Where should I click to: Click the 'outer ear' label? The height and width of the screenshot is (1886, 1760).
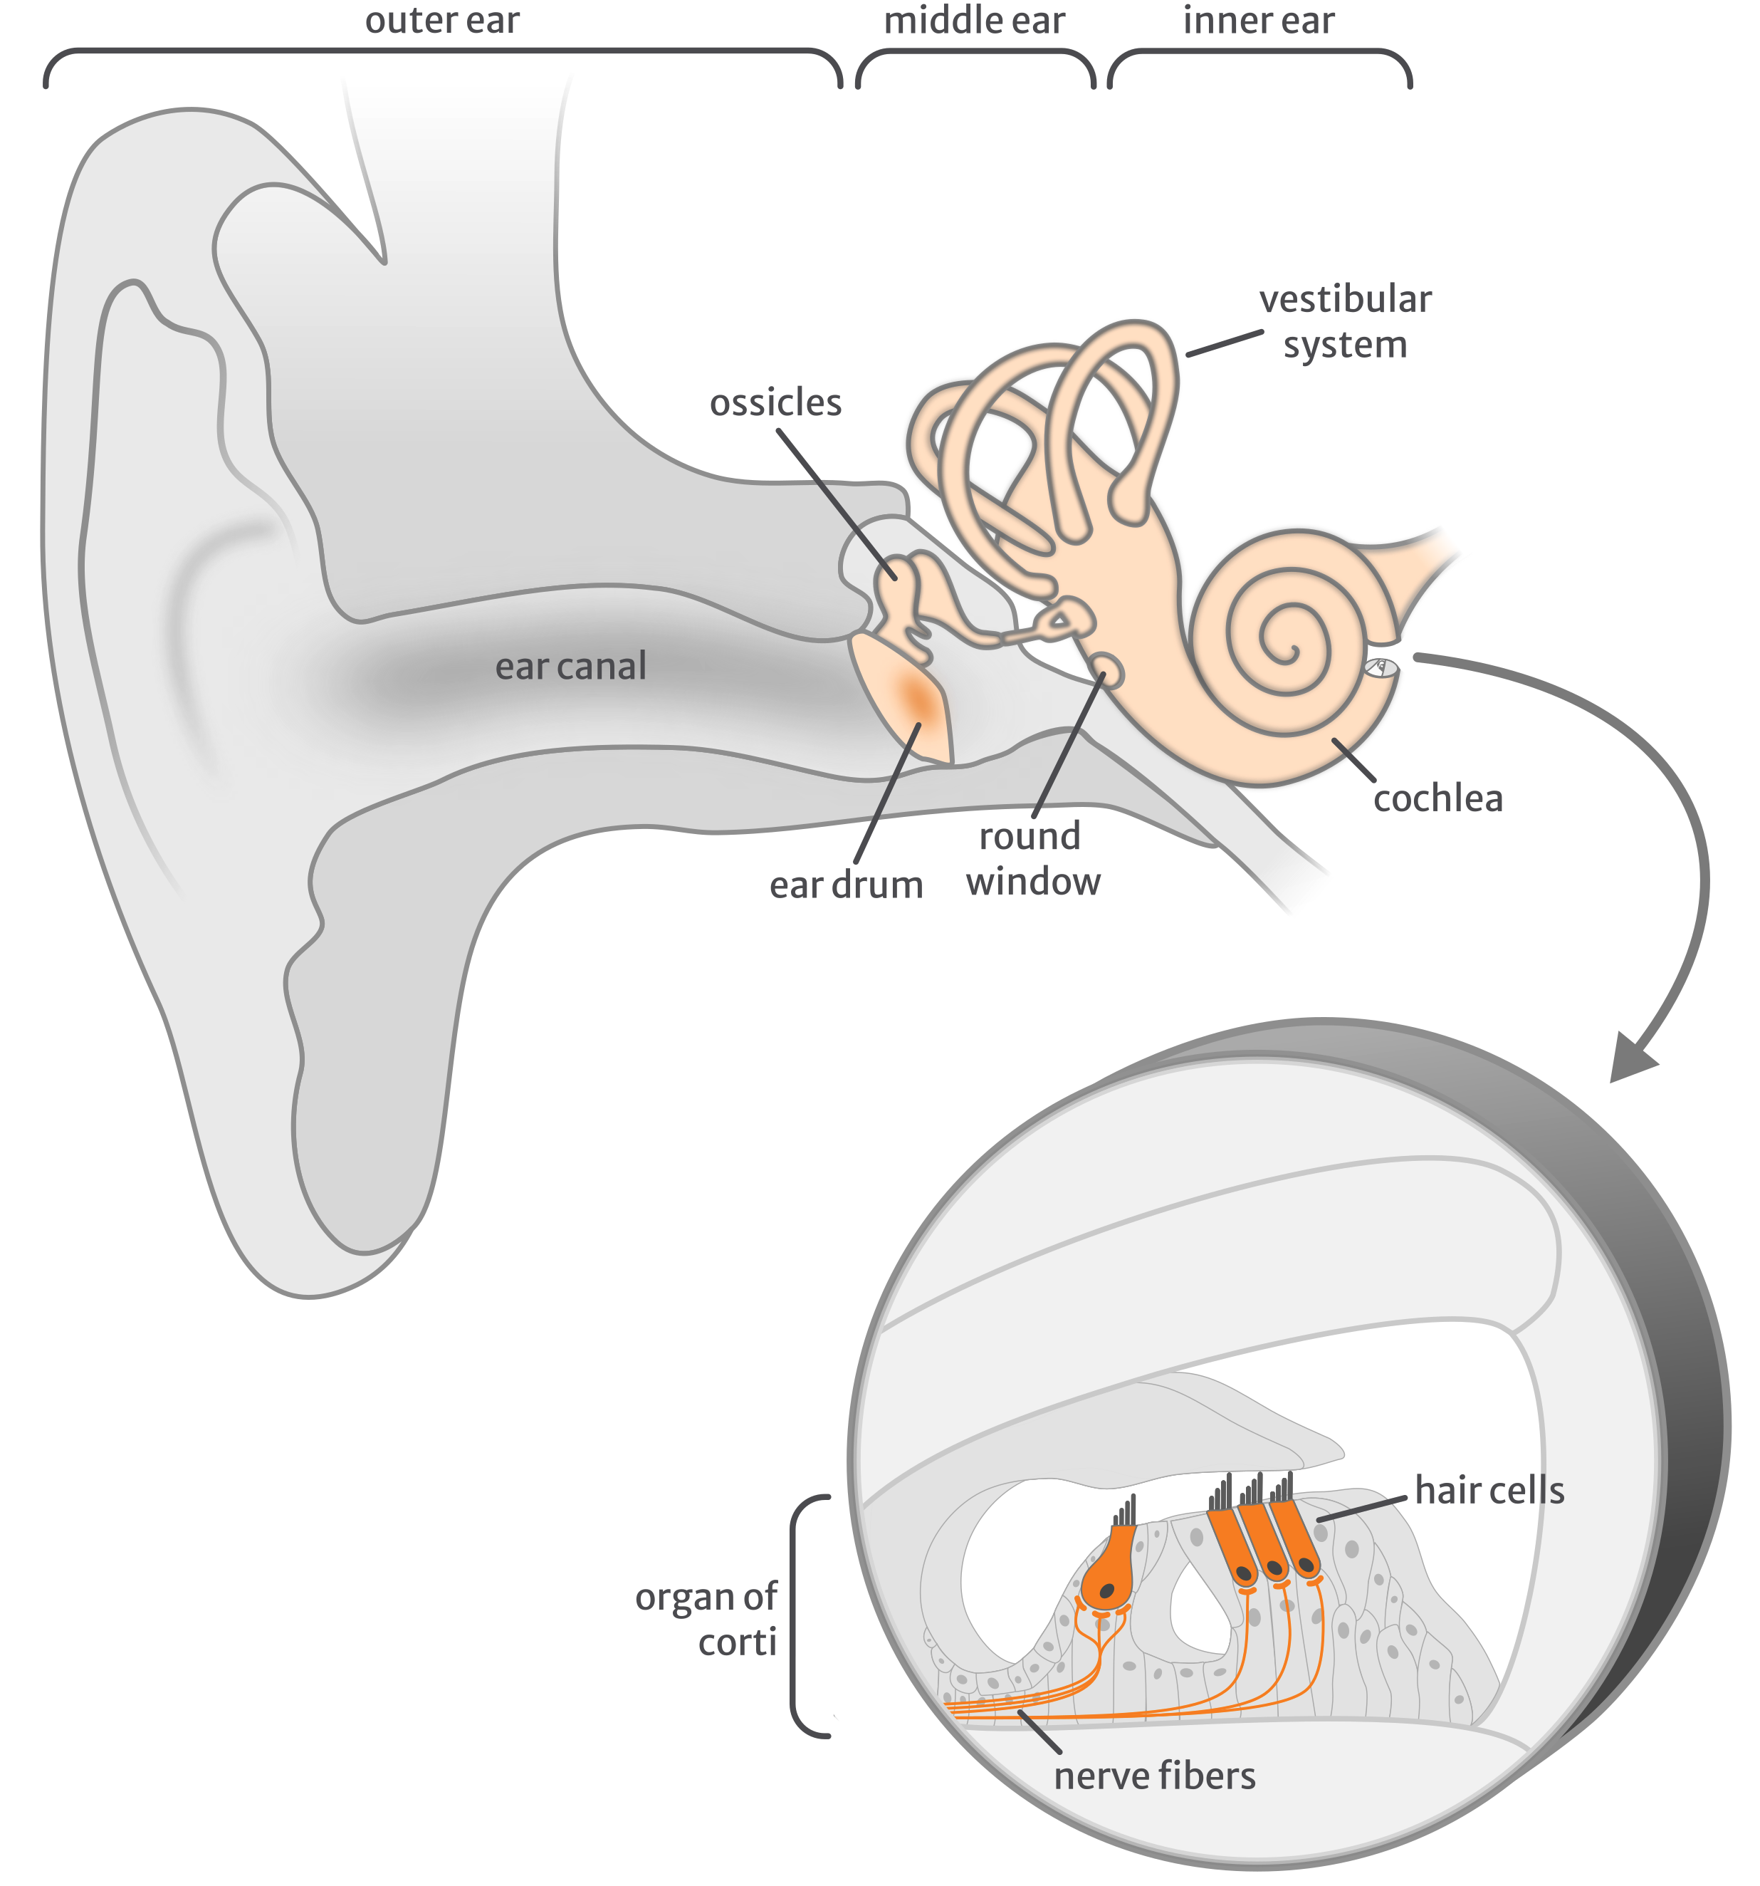[x=442, y=21]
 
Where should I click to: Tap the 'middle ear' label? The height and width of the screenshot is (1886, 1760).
[x=974, y=21]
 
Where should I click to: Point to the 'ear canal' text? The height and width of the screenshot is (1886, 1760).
[x=571, y=666]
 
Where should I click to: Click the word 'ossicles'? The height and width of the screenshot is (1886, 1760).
[x=775, y=403]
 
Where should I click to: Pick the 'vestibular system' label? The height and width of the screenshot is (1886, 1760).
[x=1346, y=322]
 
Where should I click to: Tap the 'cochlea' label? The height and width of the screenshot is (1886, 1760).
[x=1437, y=799]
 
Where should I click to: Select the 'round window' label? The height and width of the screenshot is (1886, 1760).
[x=1032, y=858]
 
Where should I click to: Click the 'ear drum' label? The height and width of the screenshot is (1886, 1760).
[x=846, y=885]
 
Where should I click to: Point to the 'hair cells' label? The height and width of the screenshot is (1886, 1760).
[x=1489, y=1491]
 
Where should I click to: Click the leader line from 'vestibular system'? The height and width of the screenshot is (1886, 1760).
[x=1224, y=343]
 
